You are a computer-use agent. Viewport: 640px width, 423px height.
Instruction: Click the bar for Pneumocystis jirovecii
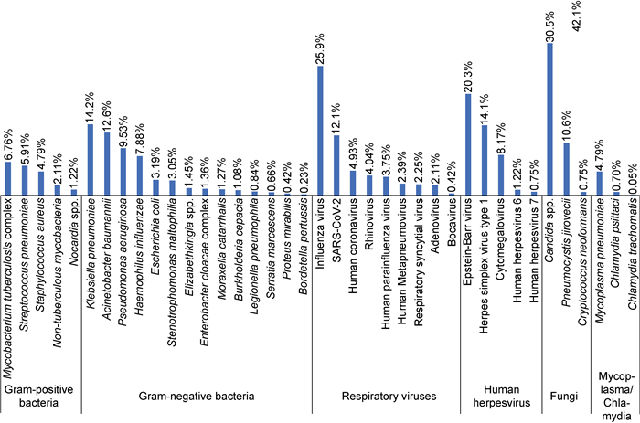(x=568, y=168)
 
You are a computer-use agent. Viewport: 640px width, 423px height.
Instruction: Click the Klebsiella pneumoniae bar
(x=90, y=159)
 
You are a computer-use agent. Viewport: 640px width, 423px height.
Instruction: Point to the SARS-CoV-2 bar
(x=336, y=164)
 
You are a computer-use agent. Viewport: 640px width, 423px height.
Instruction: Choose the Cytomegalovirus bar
(x=501, y=174)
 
